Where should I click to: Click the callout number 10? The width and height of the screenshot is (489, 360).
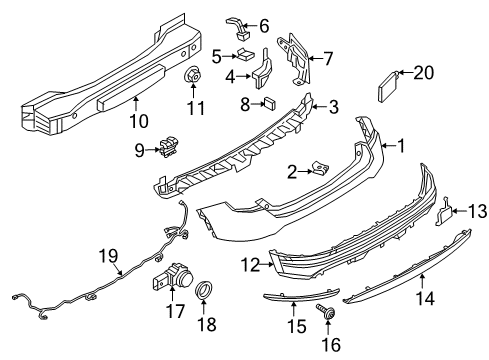[x=139, y=120]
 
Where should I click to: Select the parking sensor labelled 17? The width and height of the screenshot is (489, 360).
[x=172, y=275]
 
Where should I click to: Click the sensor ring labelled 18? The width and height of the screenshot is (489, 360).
[x=204, y=290]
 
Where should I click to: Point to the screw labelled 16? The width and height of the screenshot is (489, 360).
[x=326, y=312]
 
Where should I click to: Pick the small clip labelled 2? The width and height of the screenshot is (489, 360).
[x=319, y=168]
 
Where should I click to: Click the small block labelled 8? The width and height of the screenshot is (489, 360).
[x=269, y=104]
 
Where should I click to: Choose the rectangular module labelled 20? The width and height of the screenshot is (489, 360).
[x=388, y=87]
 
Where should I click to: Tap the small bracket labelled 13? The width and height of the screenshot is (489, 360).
[x=444, y=212]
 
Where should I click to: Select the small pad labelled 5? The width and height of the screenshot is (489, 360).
[x=245, y=54]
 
